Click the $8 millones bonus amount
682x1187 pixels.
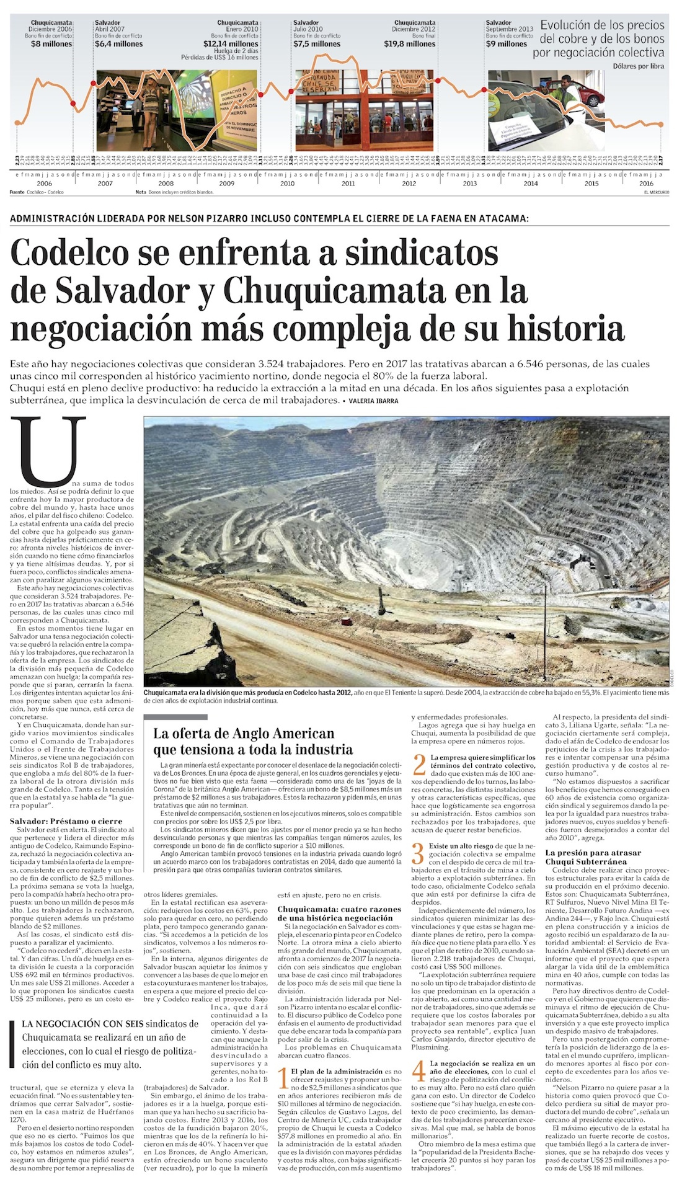point(51,44)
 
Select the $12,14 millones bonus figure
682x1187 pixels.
point(231,44)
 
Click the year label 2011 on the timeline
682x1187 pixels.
point(348,184)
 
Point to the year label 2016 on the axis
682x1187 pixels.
point(646,184)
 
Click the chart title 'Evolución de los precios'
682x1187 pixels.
point(602,26)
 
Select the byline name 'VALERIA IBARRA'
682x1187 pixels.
point(373,401)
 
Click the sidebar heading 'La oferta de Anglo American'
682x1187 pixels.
point(244,734)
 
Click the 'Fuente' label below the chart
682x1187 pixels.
point(17,192)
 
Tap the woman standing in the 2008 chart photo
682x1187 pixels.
point(151,102)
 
